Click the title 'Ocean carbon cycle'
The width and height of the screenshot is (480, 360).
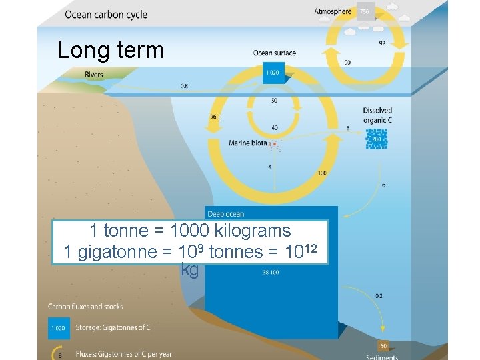[106, 15]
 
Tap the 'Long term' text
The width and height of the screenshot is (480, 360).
[111, 50]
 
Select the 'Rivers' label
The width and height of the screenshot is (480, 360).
[94, 74]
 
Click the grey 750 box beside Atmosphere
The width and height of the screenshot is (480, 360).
[364, 12]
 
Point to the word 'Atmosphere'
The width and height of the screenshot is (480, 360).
[333, 11]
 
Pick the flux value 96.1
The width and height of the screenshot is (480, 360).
[215, 116]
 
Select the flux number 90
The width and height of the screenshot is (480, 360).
[347, 63]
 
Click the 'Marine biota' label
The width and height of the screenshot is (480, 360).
[248, 143]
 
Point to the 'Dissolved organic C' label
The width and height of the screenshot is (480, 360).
[377, 115]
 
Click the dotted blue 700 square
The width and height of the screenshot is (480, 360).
[376, 139]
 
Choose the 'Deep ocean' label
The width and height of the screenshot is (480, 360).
[226, 214]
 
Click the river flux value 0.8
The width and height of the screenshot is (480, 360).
[184, 85]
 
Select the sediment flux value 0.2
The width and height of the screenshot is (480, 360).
[379, 295]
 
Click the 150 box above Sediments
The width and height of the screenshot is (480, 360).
[382, 346]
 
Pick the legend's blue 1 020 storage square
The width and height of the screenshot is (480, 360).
[59, 327]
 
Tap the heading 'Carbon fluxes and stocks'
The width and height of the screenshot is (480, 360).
[85, 307]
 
